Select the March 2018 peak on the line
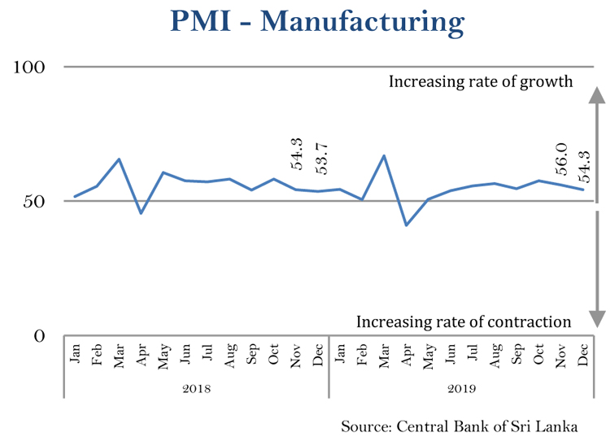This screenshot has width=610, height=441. pos(120,159)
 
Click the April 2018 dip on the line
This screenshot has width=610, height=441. pos(142,213)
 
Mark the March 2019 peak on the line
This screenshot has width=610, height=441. pos(384,155)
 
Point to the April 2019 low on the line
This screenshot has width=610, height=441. pos(406,225)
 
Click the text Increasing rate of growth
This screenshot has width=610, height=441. pos(481,81)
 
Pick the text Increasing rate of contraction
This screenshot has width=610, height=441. pos(464,321)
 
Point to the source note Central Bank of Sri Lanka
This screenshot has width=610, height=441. pos(474,426)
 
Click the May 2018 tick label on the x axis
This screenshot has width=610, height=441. pos(163,356)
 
